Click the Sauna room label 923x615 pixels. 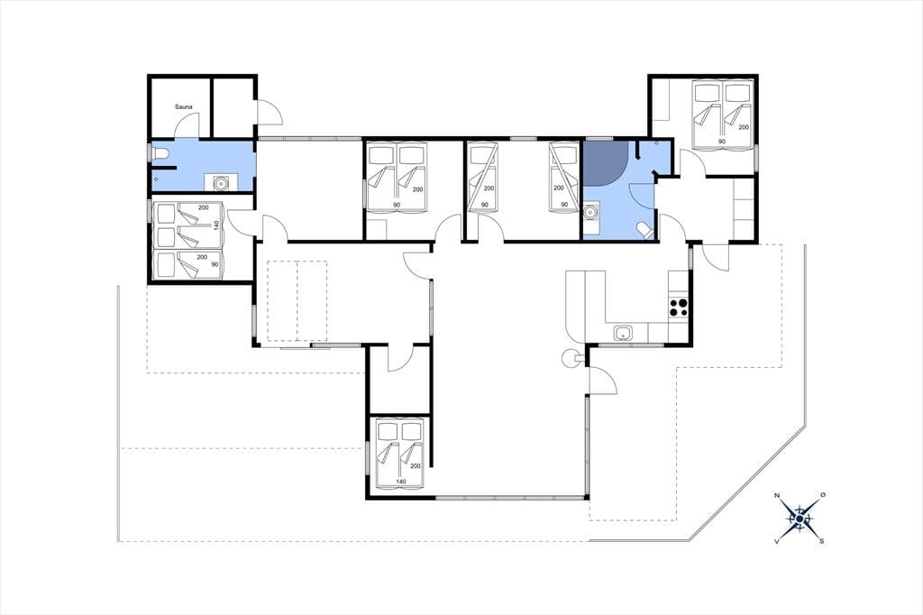[184, 107]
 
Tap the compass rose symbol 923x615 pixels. [800, 518]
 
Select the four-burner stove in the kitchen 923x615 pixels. [678, 307]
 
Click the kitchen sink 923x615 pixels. [623, 333]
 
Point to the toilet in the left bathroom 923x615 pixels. [160, 154]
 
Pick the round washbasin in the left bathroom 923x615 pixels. [221, 183]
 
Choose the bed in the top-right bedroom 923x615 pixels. [722, 115]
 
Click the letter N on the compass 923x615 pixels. [777, 496]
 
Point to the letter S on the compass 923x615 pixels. [821, 541]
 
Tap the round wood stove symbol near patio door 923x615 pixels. [571, 357]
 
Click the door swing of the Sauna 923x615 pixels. [187, 124]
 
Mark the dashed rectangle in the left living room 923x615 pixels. [297, 301]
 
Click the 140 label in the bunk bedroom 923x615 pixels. [216, 225]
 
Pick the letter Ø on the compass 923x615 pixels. [823, 495]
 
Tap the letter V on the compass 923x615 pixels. [777, 541]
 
